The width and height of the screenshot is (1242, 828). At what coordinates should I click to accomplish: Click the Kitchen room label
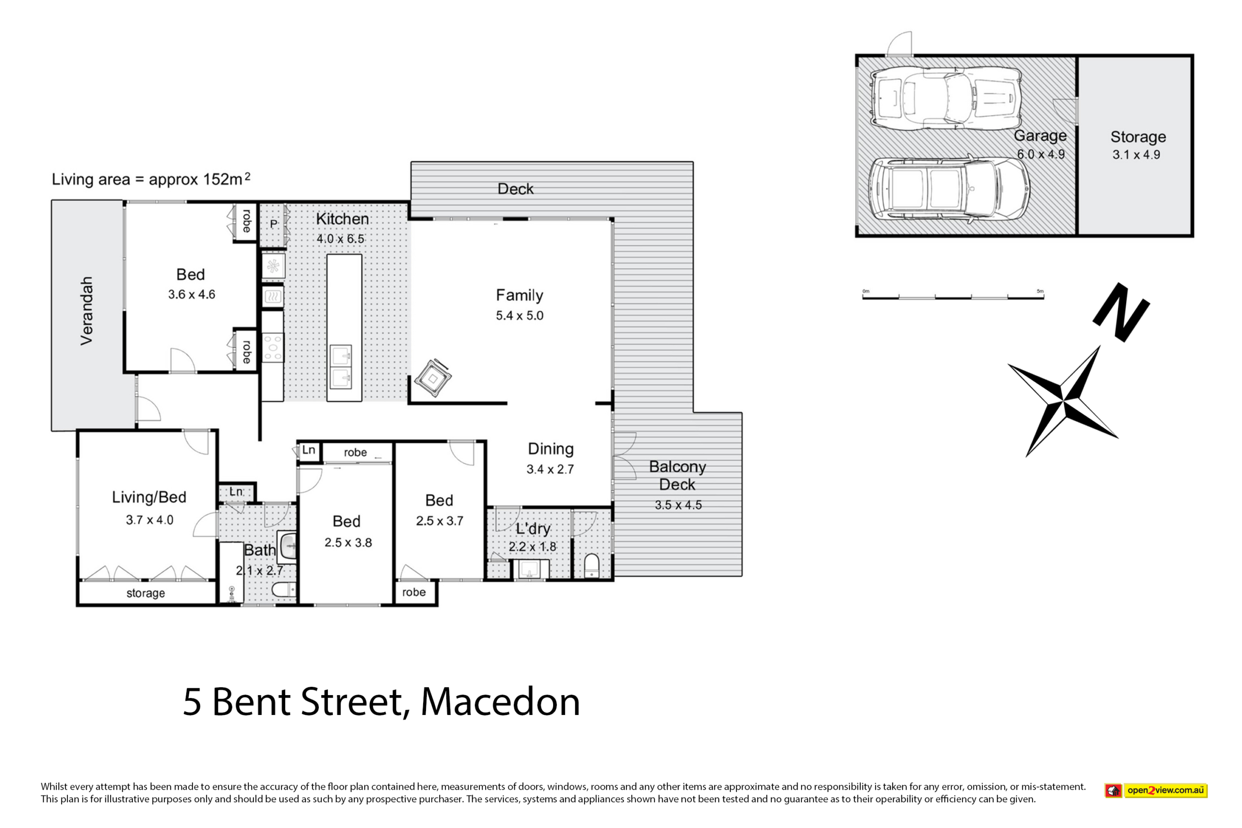coord(342,219)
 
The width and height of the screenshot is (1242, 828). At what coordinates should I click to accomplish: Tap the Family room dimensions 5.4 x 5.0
coord(520,316)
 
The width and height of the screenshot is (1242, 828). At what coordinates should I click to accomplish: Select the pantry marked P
coord(274,225)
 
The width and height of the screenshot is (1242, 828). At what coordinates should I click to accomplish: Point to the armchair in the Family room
coord(433,378)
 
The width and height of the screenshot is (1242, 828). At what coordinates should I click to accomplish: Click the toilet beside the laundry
coord(592,566)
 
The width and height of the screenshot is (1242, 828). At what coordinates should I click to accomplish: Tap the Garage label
coord(1040,136)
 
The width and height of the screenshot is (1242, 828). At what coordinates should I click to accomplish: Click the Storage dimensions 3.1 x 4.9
coord(1136,155)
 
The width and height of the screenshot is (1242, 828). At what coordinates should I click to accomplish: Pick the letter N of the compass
coord(1121,312)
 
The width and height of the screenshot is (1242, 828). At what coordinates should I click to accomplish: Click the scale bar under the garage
coord(953,298)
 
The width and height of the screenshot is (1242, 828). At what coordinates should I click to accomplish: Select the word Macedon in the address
coord(500,702)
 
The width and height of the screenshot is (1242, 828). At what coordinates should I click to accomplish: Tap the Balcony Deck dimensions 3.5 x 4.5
coord(679,505)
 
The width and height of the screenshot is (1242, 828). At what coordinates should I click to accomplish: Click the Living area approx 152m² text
coord(151,179)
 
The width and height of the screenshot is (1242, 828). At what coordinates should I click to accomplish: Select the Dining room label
coord(551,449)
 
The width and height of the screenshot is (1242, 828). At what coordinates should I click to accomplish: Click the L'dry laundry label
coord(533,529)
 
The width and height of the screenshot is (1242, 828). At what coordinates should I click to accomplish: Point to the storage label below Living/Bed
coord(146,593)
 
